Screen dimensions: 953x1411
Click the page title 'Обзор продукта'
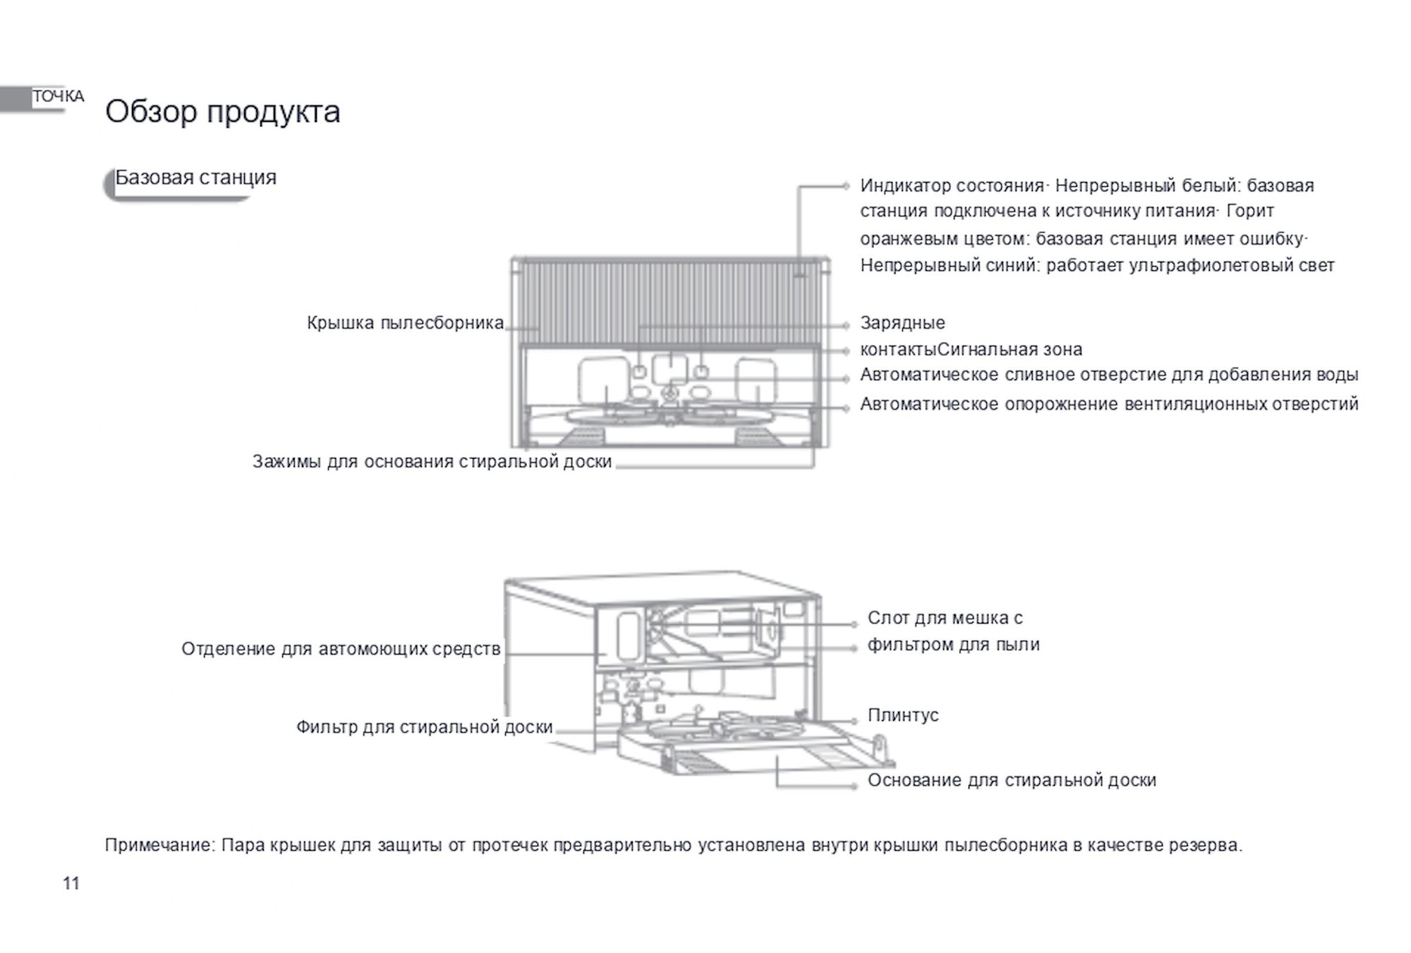222,111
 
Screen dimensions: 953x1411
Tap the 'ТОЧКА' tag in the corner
58,97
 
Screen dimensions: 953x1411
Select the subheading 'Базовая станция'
195,177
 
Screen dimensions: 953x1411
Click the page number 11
71,883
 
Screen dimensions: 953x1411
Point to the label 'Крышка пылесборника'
405,323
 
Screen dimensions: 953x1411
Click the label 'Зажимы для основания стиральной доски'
432,462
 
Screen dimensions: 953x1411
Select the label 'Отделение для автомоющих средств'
341,649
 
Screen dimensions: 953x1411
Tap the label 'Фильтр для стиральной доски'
424,727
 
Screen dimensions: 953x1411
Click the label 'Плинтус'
903,715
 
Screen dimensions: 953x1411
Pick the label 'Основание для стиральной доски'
1012,780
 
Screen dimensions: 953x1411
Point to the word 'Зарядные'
902,323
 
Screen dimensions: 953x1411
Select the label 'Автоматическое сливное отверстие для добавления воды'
1108,375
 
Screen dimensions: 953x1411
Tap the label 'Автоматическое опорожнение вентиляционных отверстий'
1108,404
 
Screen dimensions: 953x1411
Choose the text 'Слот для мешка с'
945,618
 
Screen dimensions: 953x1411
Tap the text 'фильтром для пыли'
953,645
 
